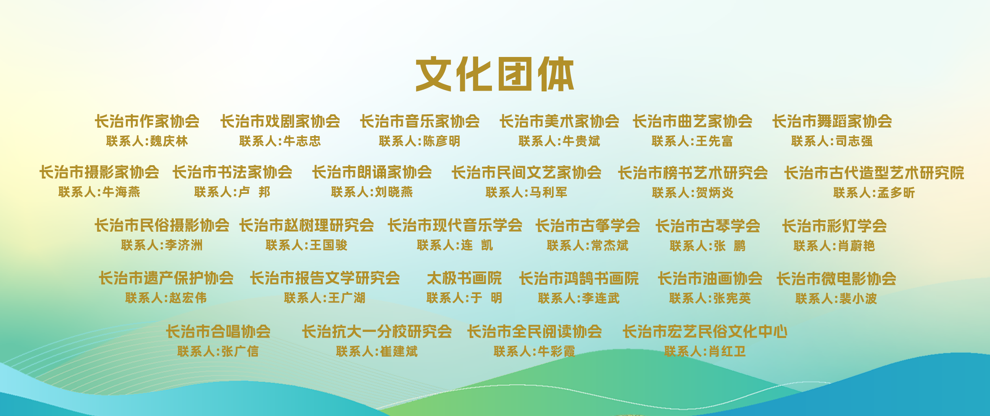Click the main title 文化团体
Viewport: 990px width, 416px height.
[495, 74]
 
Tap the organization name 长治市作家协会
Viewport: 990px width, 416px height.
[147, 121]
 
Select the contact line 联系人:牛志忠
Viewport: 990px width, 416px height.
[280, 141]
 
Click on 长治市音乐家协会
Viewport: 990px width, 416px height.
[420, 121]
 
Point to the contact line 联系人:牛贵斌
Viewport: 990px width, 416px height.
[559, 141]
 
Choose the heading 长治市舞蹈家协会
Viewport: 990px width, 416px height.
[832, 121]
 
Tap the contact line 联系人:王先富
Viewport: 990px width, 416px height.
[692, 141]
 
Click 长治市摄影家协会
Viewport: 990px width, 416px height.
[99, 172]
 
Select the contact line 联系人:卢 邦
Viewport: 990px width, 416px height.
[232, 192]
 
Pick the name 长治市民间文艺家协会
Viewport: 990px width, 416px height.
[526, 172]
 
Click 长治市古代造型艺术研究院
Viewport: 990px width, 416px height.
[874, 173]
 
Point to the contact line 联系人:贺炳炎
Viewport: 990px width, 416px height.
[692, 192]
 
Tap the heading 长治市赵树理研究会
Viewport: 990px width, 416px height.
[306, 226]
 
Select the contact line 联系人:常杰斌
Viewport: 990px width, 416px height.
[588, 245]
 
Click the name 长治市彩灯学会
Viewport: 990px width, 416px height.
[834, 226]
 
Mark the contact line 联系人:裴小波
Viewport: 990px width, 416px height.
[836, 298]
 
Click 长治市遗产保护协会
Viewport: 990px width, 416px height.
[166, 278]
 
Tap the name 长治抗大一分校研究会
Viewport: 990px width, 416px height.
[377, 331]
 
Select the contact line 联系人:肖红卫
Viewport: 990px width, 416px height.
[705, 351]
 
